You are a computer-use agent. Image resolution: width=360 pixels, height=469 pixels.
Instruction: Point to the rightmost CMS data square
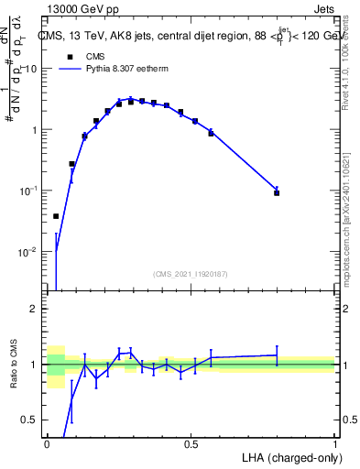point(277,193)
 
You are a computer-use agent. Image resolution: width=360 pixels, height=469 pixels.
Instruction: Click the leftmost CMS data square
point(56,216)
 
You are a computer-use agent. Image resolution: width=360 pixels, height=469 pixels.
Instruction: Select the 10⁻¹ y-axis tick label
point(30,191)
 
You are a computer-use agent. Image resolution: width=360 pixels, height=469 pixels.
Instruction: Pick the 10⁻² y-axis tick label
point(30,251)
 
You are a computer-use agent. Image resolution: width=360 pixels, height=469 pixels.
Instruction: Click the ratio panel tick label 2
point(34,309)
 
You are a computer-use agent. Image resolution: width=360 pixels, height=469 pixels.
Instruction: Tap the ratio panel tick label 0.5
point(30,420)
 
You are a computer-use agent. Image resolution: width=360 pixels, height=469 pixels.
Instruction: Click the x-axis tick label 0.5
point(191,443)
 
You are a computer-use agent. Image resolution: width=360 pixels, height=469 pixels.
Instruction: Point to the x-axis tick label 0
point(47,443)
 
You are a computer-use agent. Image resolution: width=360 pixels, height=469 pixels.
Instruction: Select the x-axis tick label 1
point(334,443)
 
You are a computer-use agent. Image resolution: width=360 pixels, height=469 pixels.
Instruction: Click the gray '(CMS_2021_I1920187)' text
point(191,274)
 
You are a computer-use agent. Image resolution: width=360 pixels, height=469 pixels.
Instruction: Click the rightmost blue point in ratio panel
point(277,354)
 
